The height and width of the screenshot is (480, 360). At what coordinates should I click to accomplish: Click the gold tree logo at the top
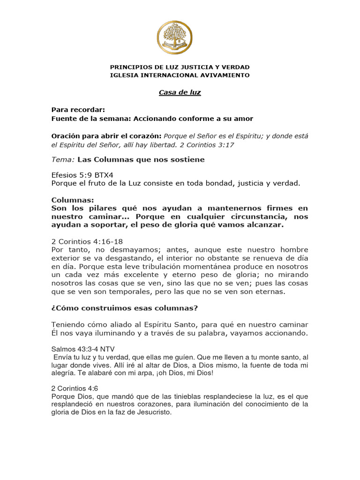[180, 37]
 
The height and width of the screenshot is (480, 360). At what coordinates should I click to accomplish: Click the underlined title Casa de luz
[180, 92]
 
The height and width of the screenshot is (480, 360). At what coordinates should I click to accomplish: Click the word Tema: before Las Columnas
[63, 159]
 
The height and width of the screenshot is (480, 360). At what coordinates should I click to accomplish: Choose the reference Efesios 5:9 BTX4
[75, 175]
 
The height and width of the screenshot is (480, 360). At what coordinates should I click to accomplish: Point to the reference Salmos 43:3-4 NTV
[82, 349]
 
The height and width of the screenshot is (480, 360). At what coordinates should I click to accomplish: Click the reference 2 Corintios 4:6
[75, 389]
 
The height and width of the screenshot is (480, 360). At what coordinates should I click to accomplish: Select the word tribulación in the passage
[162, 266]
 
